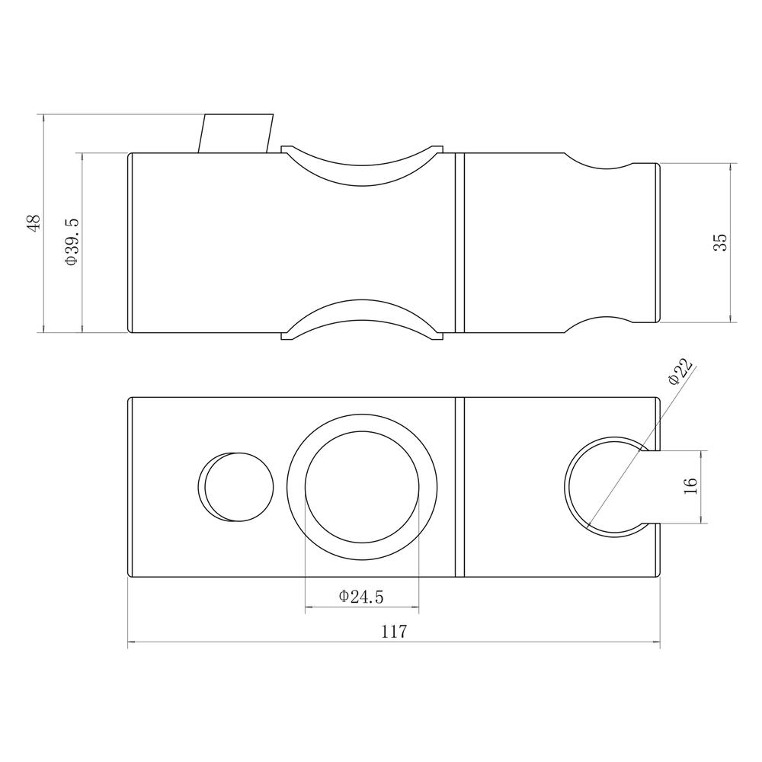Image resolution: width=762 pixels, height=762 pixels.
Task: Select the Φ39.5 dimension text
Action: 71,242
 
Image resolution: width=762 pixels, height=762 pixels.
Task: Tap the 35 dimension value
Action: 721,242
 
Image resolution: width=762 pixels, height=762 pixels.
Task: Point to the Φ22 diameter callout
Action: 680,372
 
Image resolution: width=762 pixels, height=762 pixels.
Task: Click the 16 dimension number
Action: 690,486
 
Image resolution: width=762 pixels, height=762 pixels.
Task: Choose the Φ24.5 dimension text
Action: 361,596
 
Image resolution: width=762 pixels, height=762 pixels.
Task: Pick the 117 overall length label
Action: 394,631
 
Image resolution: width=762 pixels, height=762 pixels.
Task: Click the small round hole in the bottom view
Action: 236,487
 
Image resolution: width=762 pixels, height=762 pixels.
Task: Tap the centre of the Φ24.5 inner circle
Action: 362,487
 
